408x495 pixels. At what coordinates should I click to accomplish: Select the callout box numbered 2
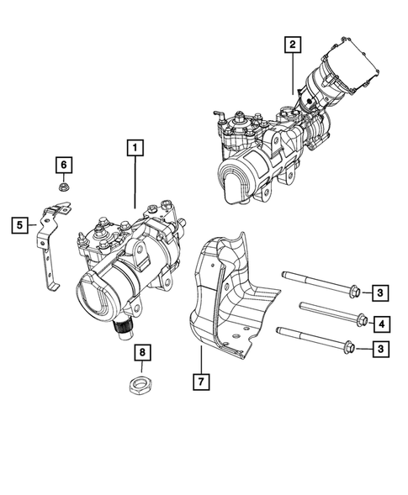click(291, 45)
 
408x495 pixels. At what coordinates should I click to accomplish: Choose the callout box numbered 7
click(203, 381)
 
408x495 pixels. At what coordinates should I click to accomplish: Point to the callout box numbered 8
click(142, 352)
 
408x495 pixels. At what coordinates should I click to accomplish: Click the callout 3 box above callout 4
click(380, 292)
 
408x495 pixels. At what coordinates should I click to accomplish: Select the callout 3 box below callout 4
click(380, 348)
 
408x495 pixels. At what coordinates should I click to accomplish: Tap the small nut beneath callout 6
click(63, 187)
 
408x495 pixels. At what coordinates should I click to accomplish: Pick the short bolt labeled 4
click(328, 313)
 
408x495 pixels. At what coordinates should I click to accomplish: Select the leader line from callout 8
click(142, 368)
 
